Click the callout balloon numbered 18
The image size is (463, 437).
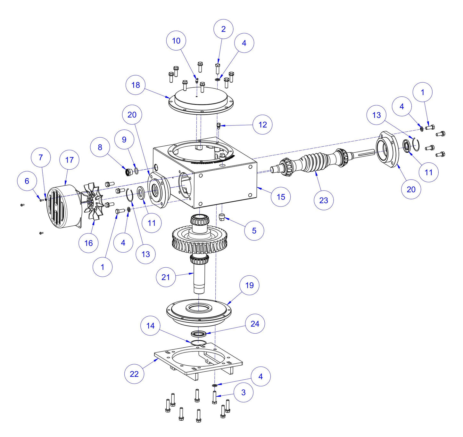point(136,85)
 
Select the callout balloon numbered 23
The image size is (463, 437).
point(324,200)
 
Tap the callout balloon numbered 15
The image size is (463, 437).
point(281,197)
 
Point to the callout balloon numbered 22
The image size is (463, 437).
point(134,374)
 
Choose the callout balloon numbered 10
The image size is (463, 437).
point(176,41)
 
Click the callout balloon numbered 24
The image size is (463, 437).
point(255,324)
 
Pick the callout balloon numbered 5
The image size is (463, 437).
point(254,231)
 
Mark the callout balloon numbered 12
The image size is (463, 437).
point(262,125)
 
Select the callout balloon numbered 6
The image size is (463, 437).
point(27,181)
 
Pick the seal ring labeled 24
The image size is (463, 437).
point(199,334)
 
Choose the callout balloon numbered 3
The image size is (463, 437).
point(244,392)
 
